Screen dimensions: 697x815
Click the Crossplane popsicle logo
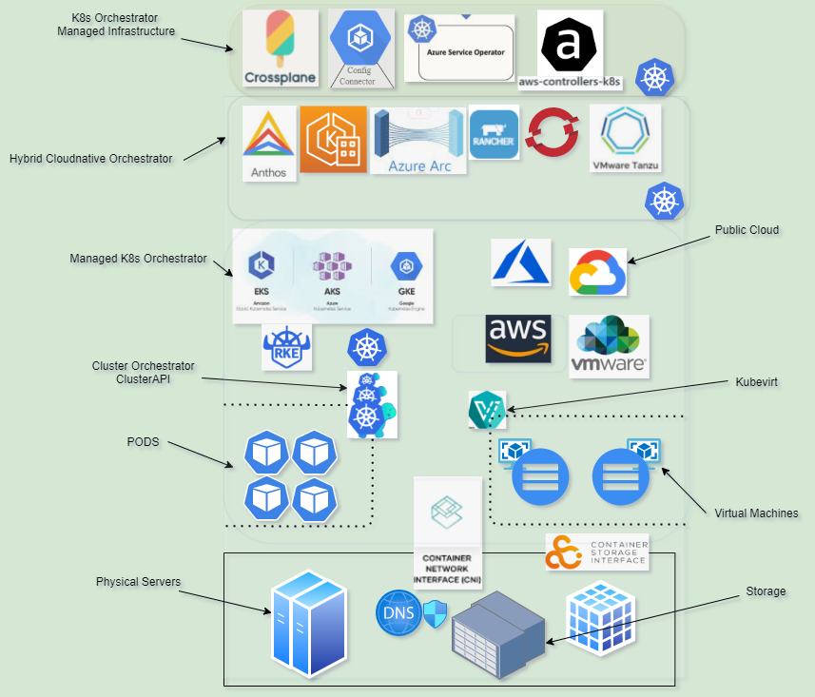[279, 48]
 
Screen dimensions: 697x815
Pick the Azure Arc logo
[419, 142]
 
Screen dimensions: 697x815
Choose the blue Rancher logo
[494, 134]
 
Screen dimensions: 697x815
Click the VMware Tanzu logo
[625, 139]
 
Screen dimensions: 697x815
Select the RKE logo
[286, 347]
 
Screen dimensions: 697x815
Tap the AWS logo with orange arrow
[517, 339]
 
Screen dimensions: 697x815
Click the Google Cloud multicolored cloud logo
[597, 272]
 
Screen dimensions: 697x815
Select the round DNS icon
[398, 612]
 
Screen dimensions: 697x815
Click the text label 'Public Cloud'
[747, 230]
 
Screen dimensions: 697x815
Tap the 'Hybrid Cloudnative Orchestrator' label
[91, 159]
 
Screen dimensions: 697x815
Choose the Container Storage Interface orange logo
[564, 552]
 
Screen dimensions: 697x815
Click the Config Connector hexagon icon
[360, 37]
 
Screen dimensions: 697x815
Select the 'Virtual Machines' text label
[756, 513]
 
